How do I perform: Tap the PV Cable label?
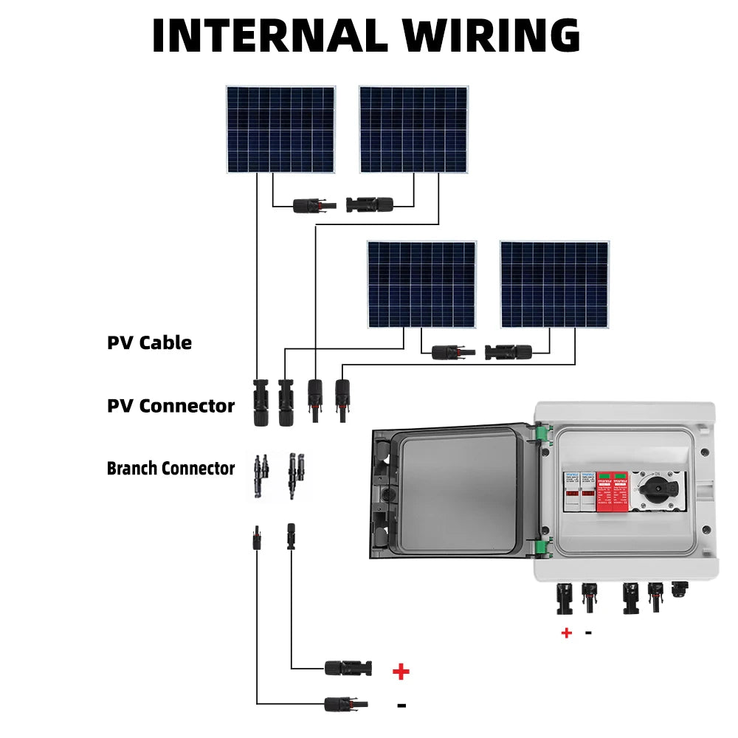coord(149,342)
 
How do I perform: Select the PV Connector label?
coord(170,406)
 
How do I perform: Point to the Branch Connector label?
coord(170,469)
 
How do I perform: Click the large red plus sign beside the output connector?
coord(401,671)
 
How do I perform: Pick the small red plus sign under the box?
coord(567,632)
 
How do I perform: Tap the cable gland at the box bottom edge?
coord(677,591)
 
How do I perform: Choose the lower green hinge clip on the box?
coord(543,548)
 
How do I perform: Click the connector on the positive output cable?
coord(348,669)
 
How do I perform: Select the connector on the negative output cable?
coord(346,704)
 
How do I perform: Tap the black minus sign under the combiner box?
coord(588,632)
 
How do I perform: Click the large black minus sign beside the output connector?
coord(401,706)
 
